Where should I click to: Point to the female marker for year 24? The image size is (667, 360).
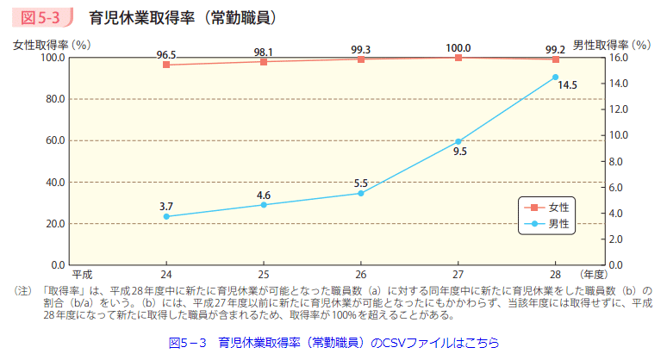coord(166,65)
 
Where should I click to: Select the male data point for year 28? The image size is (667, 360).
coord(556,78)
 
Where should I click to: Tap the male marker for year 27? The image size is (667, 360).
coord(458,141)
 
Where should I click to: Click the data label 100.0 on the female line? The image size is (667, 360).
coord(458,48)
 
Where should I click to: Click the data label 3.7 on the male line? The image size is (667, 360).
coord(166,207)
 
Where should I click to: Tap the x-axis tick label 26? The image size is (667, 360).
coord(361,276)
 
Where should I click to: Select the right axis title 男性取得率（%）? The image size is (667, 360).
coord(610,43)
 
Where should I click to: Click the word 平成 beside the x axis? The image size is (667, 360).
coord(81,276)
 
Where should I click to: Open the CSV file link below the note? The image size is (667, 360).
coord(333,342)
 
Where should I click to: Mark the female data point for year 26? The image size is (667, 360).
coord(361,59)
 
